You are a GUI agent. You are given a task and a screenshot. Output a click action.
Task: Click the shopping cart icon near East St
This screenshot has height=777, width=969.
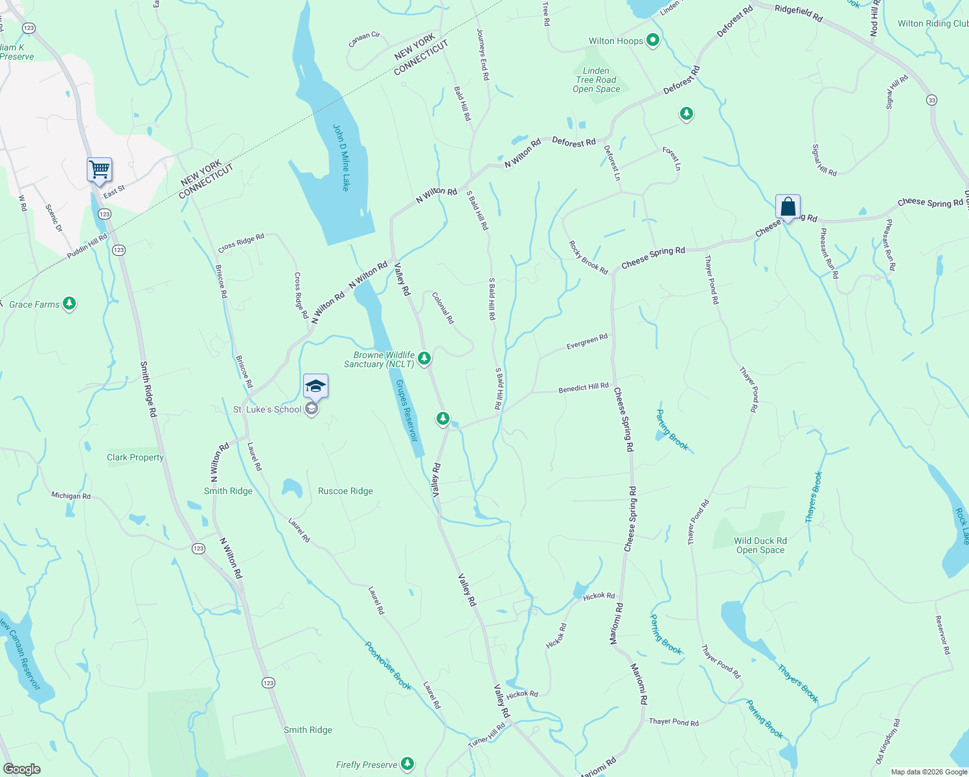(99, 170)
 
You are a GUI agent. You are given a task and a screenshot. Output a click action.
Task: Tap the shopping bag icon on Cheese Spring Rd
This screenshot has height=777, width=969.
(788, 207)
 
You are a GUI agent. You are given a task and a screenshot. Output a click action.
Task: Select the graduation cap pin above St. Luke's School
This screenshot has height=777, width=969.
(315, 387)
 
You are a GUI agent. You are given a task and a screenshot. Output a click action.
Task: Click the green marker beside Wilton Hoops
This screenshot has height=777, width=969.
(653, 41)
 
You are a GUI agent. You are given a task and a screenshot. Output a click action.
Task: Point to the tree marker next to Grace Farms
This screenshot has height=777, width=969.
(69, 304)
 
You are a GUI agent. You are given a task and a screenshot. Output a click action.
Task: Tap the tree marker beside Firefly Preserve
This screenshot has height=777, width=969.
(407, 764)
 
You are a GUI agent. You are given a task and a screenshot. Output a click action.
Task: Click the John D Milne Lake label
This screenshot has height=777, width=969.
(341, 157)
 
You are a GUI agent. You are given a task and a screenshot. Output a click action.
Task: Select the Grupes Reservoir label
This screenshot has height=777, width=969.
(407, 411)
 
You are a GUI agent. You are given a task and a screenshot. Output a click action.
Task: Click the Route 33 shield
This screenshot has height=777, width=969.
(931, 100)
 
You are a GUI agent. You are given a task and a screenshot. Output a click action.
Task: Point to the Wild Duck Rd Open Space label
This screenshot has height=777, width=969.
(760, 545)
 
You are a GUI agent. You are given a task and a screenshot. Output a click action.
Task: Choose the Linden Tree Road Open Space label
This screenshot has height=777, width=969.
(596, 80)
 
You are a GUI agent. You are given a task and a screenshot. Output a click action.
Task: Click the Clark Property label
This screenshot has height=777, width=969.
(135, 457)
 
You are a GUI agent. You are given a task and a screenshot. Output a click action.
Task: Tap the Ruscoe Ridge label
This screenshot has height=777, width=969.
(345, 491)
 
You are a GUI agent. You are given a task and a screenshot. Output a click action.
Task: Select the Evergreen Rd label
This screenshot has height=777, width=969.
(587, 341)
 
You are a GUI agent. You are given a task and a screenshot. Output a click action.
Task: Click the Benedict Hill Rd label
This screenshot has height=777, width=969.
(584, 388)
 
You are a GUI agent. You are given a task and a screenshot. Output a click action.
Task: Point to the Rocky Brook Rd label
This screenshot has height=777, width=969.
(588, 258)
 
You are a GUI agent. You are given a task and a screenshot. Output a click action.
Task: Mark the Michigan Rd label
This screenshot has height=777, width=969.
(71, 496)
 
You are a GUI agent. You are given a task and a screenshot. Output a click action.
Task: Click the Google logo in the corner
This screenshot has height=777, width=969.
(21, 769)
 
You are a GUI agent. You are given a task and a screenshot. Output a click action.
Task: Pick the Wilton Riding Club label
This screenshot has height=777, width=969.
(933, 23)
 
